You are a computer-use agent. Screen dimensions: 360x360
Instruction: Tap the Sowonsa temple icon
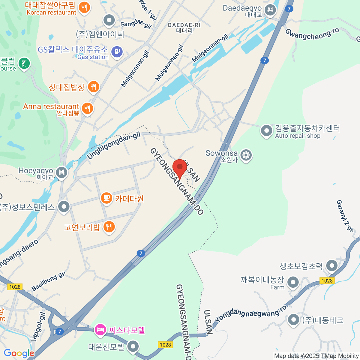(246, 155)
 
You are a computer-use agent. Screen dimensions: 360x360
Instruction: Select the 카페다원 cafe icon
(106, 198)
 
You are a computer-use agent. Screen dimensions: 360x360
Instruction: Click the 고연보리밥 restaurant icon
(109, 226)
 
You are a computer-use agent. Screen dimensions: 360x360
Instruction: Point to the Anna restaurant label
(51, 107)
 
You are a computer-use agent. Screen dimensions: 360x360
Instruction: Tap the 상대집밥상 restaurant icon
(94, 87)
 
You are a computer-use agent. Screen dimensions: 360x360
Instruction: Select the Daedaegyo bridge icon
(271, 10)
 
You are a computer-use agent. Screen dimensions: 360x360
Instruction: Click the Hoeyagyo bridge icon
(62, 172)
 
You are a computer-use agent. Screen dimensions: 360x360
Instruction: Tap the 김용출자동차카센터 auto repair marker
(266, 130)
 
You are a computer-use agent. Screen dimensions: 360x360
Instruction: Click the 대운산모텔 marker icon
(133, 346)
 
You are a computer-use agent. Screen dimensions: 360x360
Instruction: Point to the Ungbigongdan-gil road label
(114, 146)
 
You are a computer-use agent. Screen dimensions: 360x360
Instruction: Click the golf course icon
(24, 63)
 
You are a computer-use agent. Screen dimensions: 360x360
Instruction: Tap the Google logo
(19, 353)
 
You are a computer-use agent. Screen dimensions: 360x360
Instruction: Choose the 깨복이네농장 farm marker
(293, 282)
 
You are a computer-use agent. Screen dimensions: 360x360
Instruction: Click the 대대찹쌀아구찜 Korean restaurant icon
(84, 7)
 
